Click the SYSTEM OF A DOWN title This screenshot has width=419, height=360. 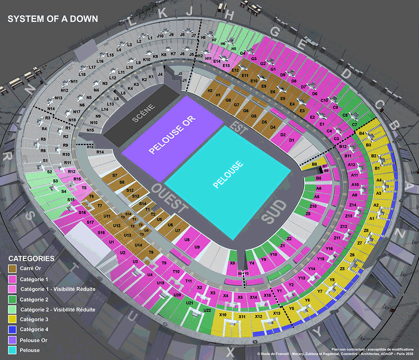(53, 19)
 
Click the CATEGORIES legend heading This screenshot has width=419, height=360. (31, 259)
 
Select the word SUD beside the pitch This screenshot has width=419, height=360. (274, 212)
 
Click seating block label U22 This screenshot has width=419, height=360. (207, 310)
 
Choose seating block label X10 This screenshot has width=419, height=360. (223, 315)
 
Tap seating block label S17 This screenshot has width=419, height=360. (90, 222)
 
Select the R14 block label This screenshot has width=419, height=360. (100, 152)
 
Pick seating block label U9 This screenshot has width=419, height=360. (197, 247)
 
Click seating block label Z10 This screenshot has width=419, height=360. (313, 206)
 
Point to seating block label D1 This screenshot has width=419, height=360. (292, 139)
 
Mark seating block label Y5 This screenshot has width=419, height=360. (292, 309)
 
